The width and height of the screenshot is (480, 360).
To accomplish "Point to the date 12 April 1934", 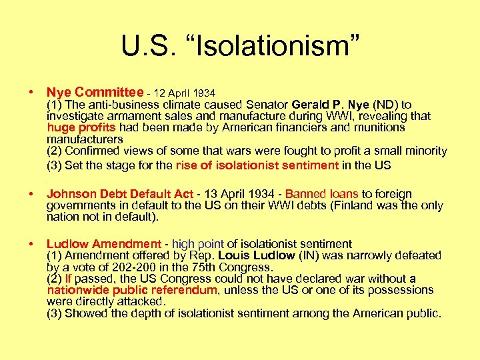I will coord(185,93).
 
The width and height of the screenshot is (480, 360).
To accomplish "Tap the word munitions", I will coord(379,127).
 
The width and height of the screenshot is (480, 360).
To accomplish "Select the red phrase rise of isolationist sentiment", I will coord(257,165).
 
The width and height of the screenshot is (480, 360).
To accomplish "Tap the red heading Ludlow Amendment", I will coord(103,244).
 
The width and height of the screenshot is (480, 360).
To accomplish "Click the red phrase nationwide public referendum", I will coord(132,290).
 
